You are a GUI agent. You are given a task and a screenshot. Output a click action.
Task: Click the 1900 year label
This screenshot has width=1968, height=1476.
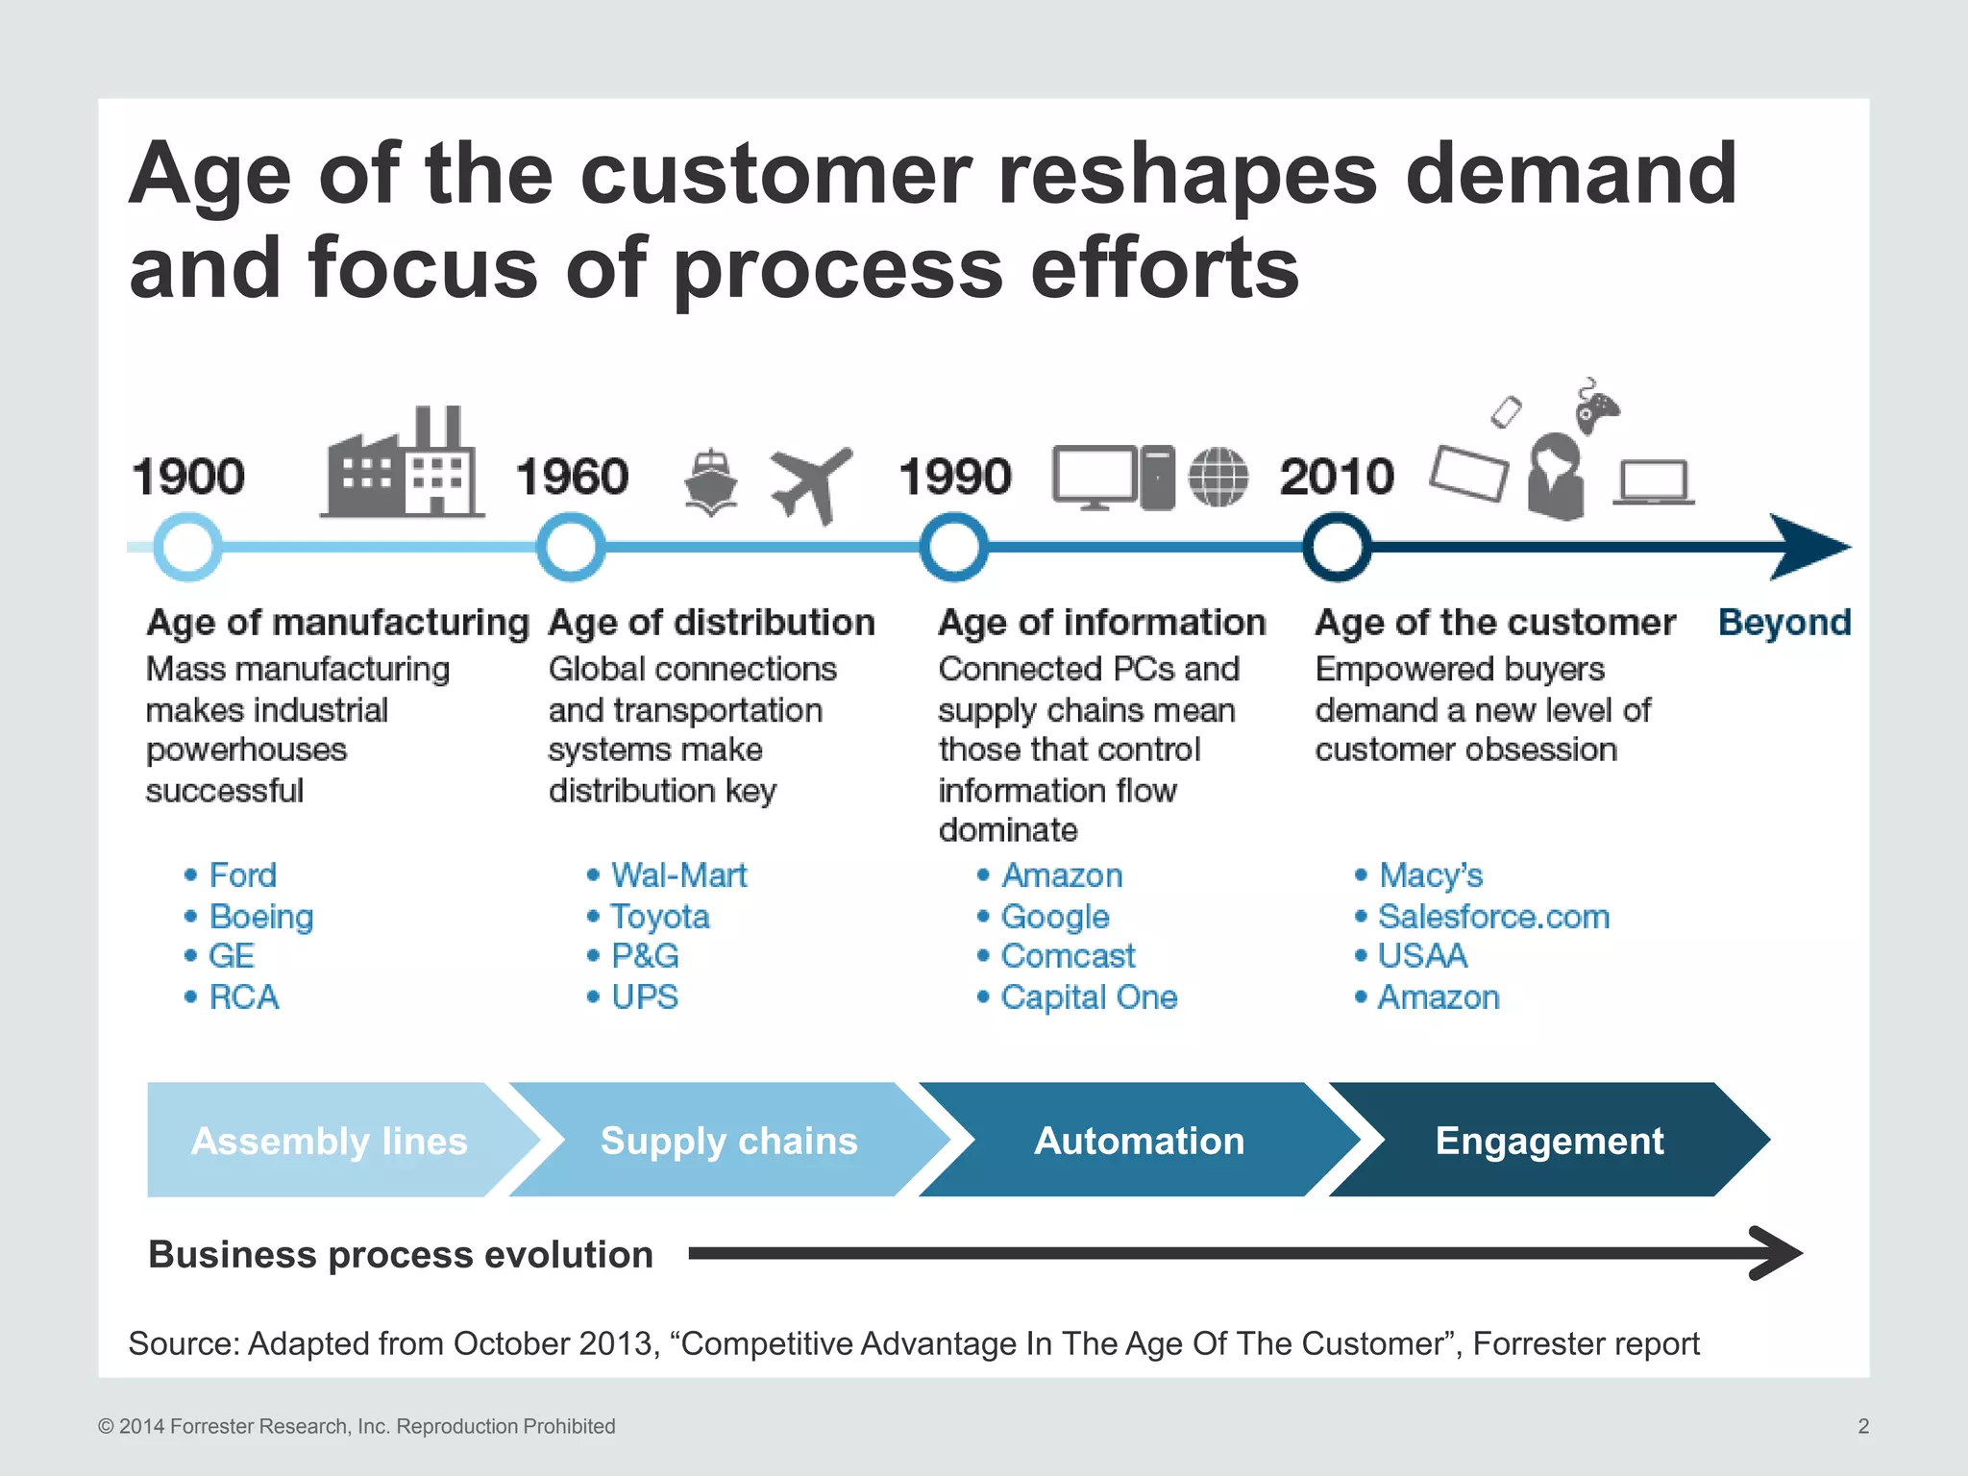[188, 477]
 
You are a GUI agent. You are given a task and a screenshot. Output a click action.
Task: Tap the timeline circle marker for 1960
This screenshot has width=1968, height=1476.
[571, 548]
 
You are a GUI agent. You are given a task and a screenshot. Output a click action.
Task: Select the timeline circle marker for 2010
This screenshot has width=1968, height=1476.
[1337, 548]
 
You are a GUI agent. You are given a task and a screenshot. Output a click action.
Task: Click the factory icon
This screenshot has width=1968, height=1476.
[402, 463]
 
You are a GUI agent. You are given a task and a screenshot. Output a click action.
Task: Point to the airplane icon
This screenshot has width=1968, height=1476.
[810, 483]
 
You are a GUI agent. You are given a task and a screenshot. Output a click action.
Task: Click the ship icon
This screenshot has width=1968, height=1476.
[710, 482]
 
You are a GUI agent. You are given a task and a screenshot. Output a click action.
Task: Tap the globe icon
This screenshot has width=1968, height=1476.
[1218, 478]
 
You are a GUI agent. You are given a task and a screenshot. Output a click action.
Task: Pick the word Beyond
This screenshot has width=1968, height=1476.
[1784, 623]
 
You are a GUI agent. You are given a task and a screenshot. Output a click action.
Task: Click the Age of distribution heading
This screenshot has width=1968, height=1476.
[711, 623]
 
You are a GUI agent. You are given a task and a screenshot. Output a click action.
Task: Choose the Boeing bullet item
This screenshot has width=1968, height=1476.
[261, 917]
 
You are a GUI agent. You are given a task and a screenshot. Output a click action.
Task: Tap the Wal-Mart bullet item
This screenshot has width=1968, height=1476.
[678, 875]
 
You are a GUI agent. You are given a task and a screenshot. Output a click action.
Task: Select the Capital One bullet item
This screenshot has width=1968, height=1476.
[1089, 997]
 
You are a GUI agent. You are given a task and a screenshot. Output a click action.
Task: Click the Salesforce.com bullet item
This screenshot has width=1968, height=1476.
[1493, 917]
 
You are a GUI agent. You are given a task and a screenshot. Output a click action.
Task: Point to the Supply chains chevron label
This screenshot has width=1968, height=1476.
[728, 1141]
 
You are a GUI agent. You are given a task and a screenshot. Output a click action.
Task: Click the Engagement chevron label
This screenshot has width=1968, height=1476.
[1549, 1141]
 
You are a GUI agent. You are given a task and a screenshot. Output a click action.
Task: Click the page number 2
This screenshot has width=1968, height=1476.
[1863, 1426]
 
